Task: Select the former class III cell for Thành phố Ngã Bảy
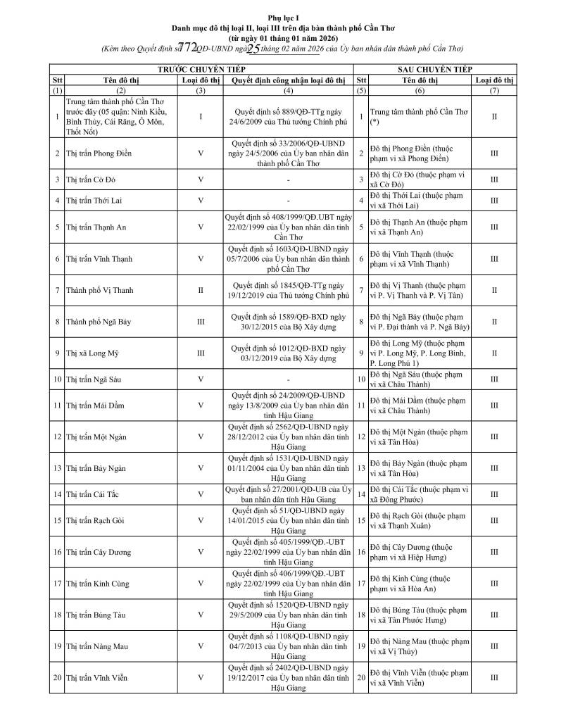(x=201, y=322)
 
